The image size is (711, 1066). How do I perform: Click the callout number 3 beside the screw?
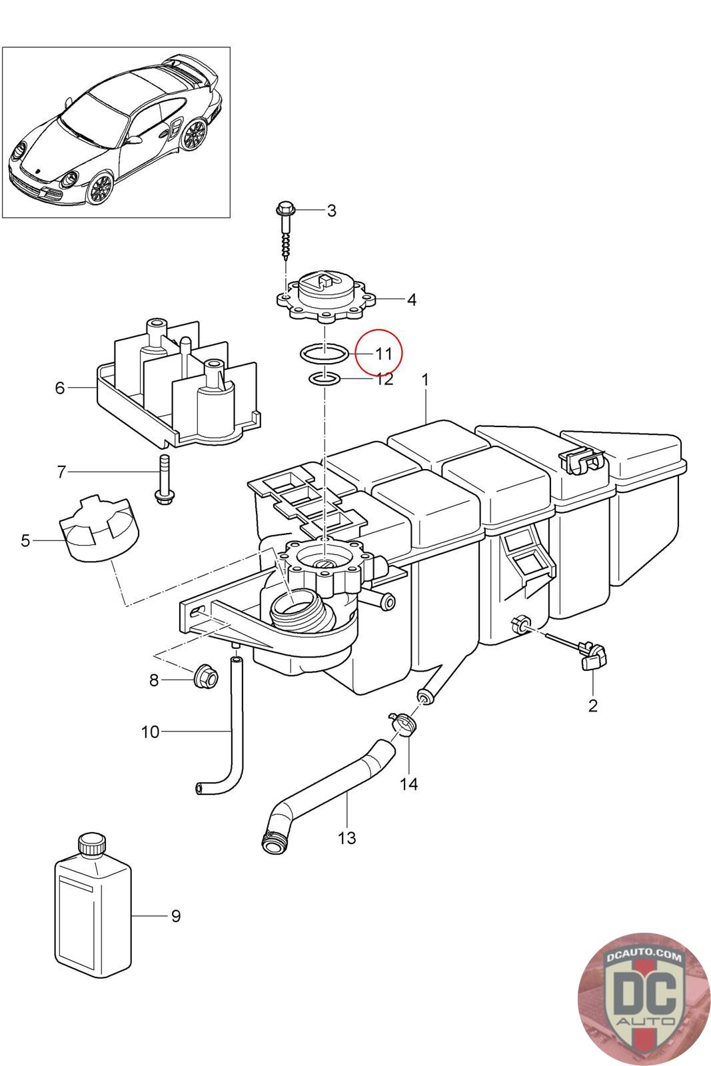[x=332, y=211]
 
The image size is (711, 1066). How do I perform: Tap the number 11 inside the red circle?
[x=384, y=354]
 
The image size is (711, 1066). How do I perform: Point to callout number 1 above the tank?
[x=425, y=380]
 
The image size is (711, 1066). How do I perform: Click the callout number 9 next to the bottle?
[x=176, y=915]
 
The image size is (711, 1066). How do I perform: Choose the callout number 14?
[x=408, y=784]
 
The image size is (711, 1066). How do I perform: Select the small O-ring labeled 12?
[x=324, y=379]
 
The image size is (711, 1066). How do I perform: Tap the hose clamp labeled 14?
[x=402, y=726]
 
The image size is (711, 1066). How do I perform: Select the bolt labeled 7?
[x=163, y=480]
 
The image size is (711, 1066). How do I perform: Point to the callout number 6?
[x=59, y=388]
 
